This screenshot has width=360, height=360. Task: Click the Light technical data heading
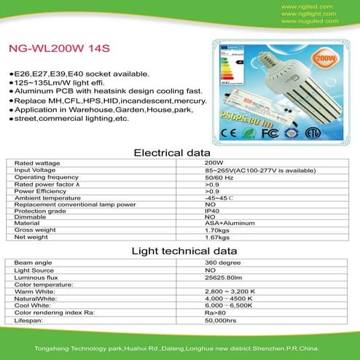point(180,251)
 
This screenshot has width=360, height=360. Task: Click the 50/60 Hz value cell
point(217,178)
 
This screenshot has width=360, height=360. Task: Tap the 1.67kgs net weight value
point(216,237)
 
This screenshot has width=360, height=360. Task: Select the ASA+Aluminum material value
point(225,224)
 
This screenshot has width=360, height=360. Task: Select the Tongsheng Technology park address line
point(180,348)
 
